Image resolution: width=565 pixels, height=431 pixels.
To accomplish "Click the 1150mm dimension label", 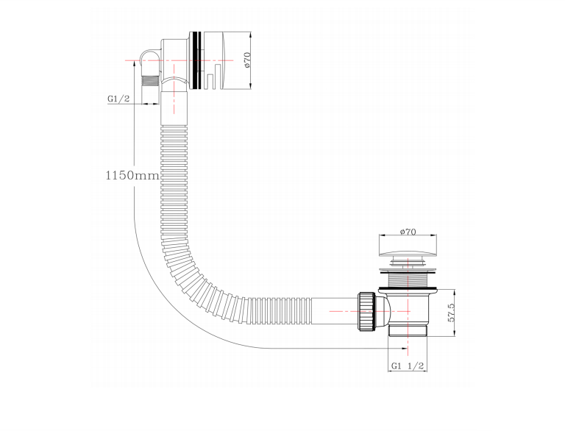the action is [x=132, y=176].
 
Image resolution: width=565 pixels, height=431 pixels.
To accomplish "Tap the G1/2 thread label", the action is [x=118, y=99].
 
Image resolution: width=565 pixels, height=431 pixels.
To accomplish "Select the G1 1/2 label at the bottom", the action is [x=408, y=366].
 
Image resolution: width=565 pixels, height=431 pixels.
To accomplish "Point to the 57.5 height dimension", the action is [x=451, y=312].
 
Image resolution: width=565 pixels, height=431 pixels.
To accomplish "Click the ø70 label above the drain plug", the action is [x=408, y=232].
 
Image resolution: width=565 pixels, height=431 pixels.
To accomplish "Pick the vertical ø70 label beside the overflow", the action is [x=247, y=60].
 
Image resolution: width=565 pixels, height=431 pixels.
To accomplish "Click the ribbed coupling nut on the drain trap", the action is [x=367, y=312].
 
